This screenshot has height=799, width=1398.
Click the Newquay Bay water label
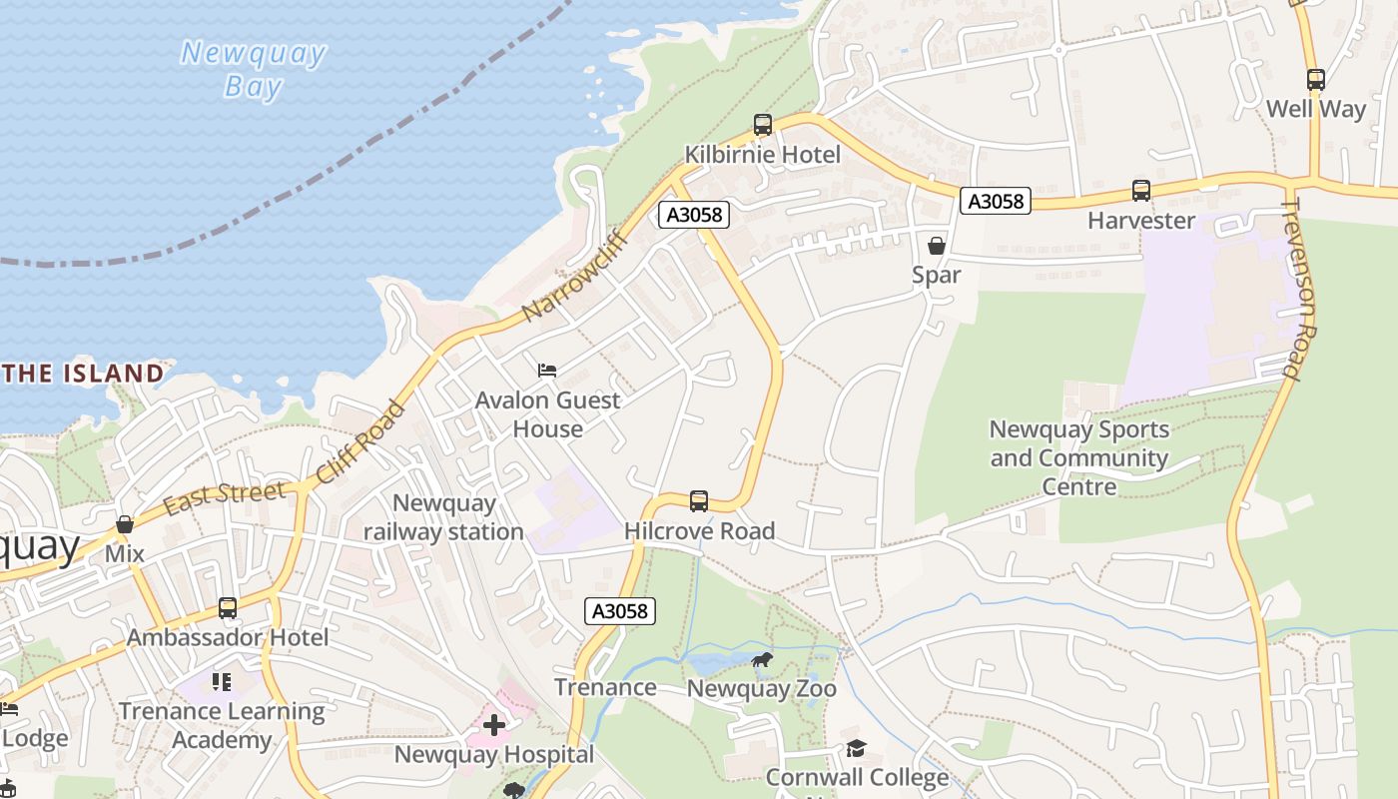tap(253, 69)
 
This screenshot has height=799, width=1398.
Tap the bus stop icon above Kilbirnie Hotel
tap(763, 125)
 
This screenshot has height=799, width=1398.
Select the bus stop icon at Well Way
tap(1316, 80)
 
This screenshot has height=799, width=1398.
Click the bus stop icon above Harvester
tap(1141, 191)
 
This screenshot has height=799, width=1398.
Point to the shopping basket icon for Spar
tap(936, 245)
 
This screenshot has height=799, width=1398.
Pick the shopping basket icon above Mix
tap(125, 524)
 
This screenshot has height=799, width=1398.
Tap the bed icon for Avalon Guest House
tap(547, 371)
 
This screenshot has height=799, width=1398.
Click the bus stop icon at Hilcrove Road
tap(699, 501)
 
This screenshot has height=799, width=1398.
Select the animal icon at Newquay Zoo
tap(761, 660)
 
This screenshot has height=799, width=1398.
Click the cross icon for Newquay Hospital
tap(493, 725)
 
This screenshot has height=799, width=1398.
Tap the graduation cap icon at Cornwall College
tap(856, 748)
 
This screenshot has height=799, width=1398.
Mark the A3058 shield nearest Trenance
tap(620, 611)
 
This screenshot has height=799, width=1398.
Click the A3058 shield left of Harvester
tap(995, 201)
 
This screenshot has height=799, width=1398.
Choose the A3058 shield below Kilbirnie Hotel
tap(694, 215)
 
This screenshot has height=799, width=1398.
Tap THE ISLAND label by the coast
tap(82, 374)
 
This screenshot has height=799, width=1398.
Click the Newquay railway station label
tap(442, 517)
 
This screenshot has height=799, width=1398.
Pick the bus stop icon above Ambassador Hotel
tap(228, 608)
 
